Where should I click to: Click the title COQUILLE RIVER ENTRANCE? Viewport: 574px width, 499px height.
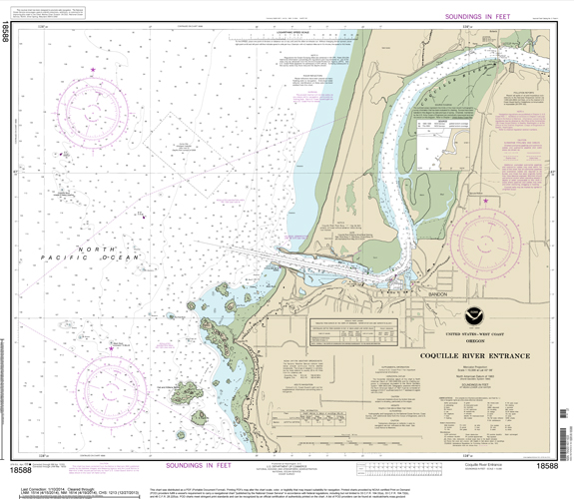468,355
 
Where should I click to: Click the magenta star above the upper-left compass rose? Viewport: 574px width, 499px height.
93,70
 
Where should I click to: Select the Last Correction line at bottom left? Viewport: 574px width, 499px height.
60,476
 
